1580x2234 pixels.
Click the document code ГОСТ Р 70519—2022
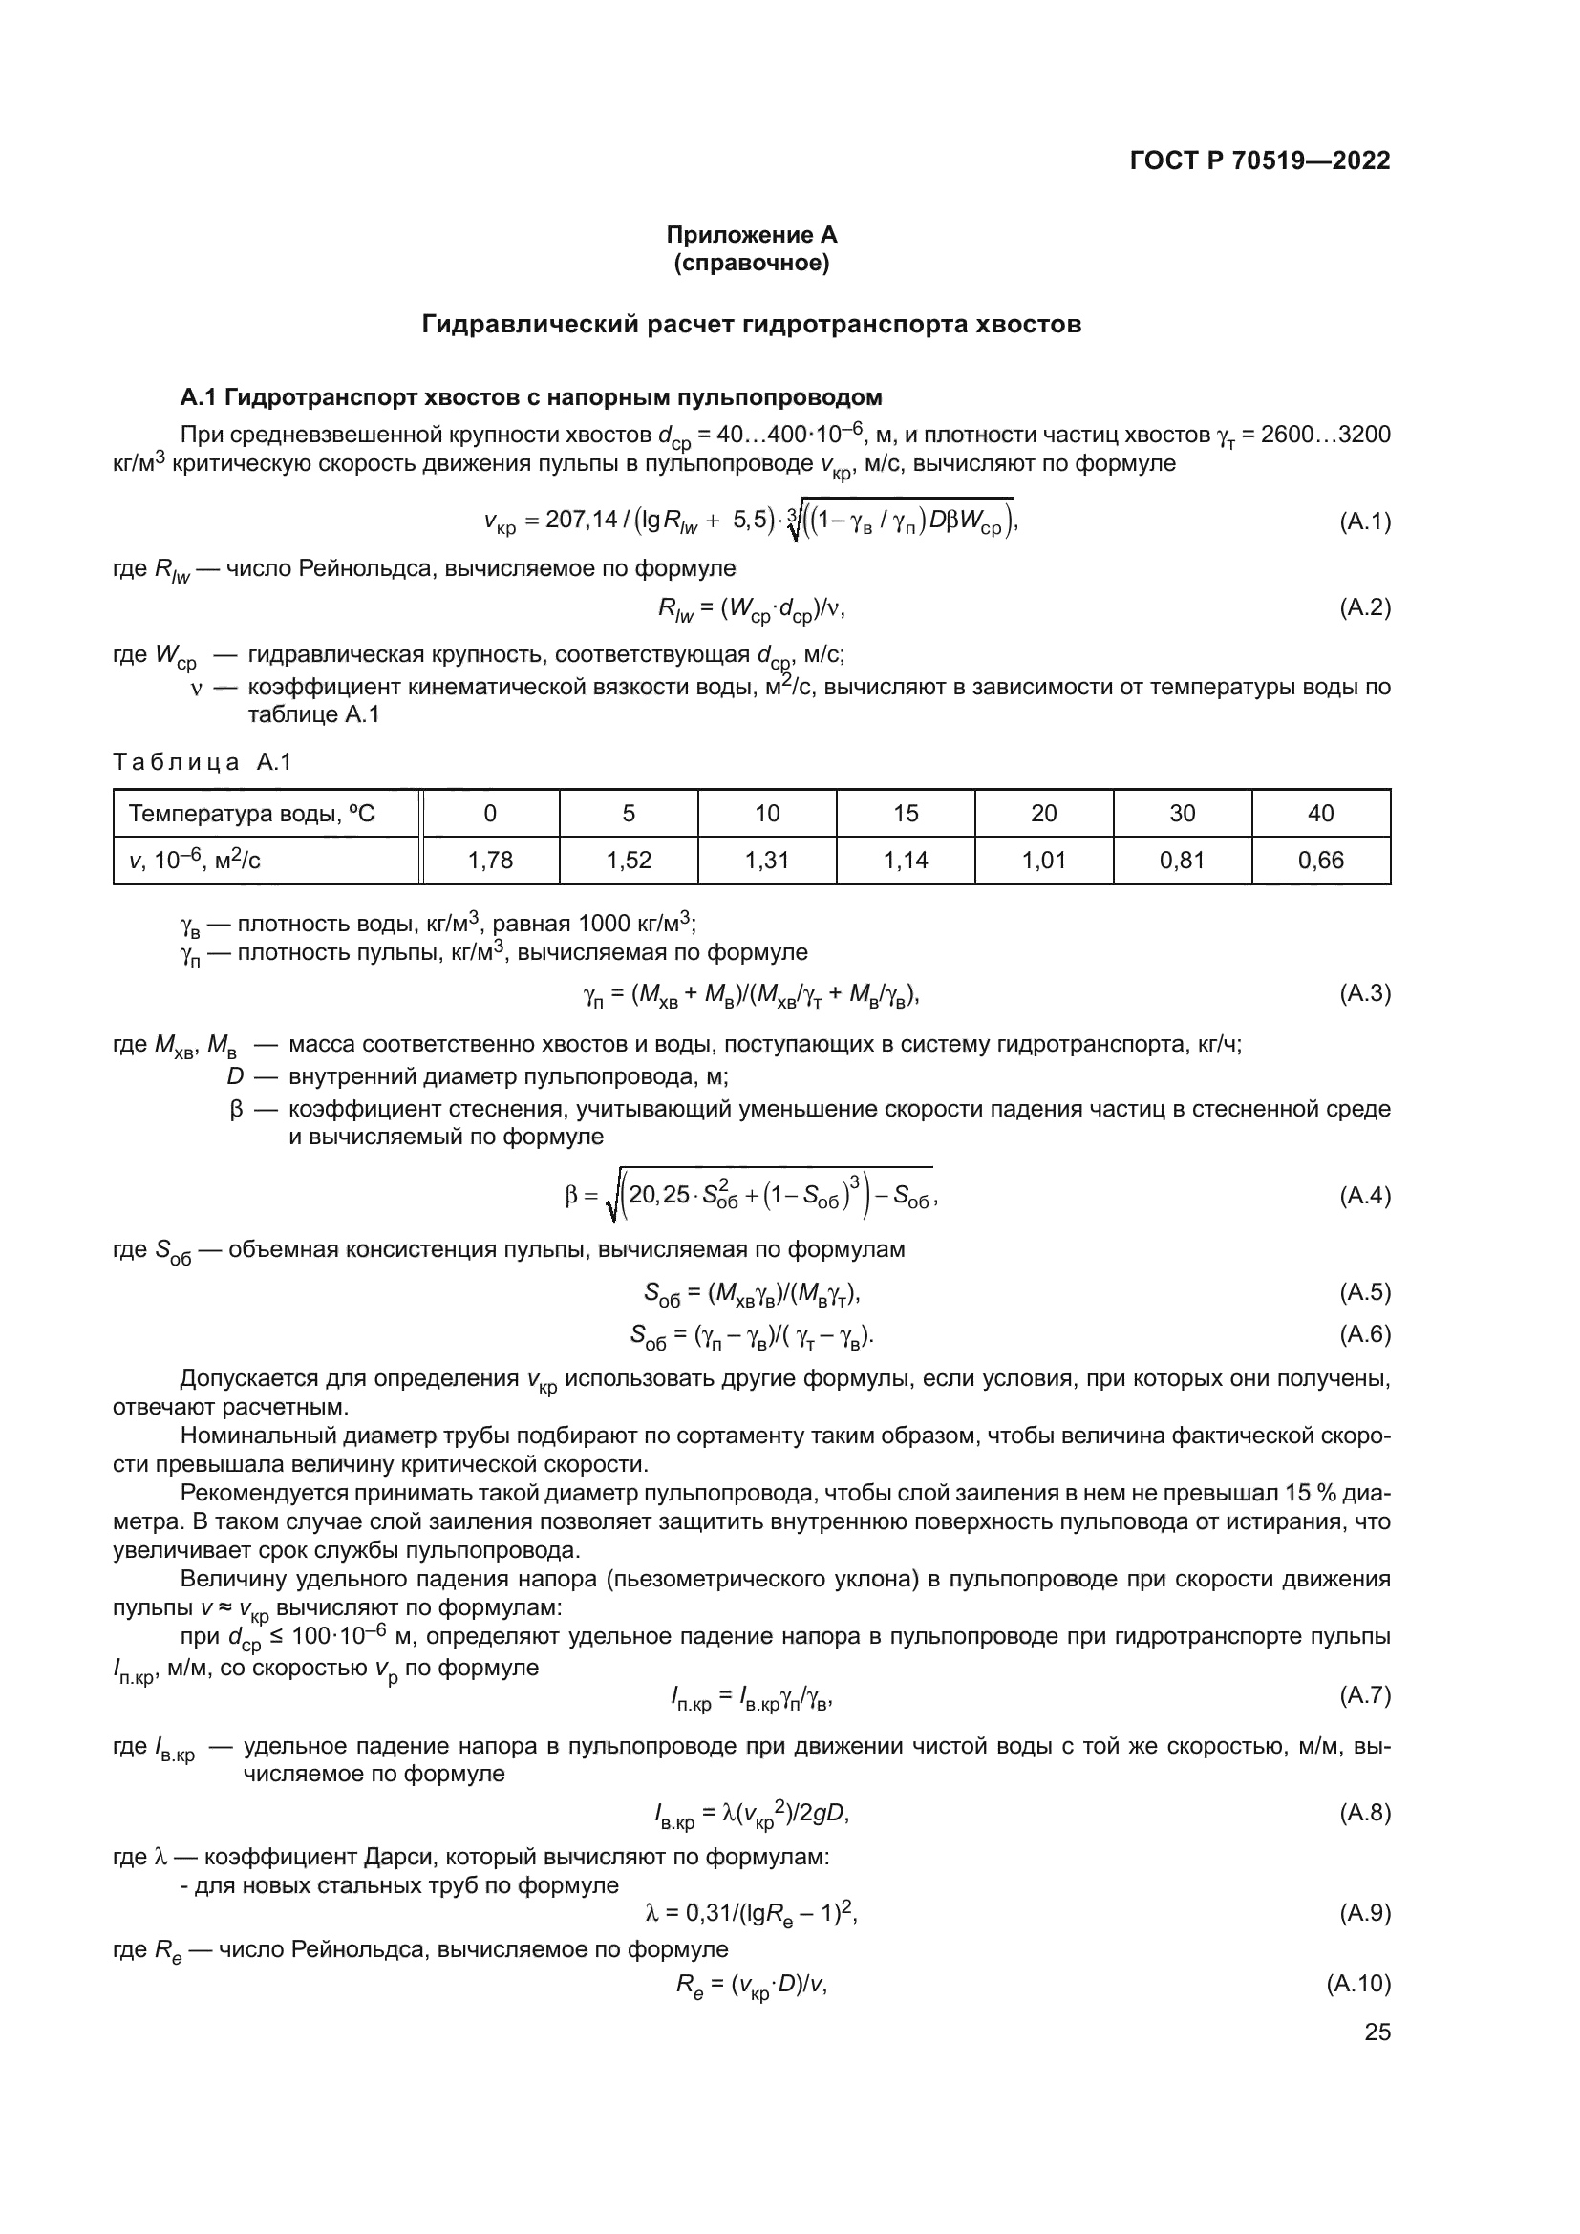click(1259, 161)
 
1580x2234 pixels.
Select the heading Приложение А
click(751, 235)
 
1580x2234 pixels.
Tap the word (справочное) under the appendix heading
click(751, 263)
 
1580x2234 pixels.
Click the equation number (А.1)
click(1364, 521)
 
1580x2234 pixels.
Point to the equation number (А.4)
click(1364, 1195)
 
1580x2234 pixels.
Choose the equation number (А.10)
click(1358, 1983)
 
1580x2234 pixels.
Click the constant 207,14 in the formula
click(581, 520)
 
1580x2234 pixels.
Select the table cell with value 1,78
click(490, 861)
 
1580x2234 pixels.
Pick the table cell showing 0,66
click(1320, 861)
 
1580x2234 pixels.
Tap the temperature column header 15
click(906, 814)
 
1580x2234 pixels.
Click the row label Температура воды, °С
click(252, 814)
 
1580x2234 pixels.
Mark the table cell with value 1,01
click(1044, 861)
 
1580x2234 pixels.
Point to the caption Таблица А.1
click(203, 762)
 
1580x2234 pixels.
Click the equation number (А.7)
click(1364, 1695)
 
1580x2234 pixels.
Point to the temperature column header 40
click(1320, 814)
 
